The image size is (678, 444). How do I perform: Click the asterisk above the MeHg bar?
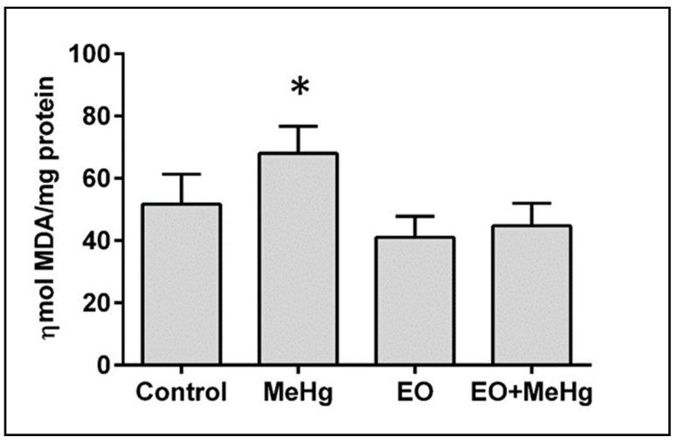click(x=299, y=88)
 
